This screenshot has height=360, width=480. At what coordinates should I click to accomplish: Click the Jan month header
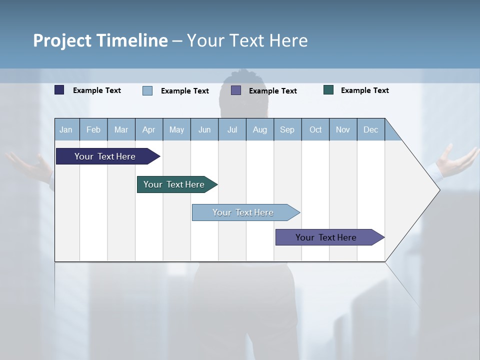click(x=66, y=129)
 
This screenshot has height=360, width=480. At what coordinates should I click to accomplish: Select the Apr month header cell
click(x=149, y=129)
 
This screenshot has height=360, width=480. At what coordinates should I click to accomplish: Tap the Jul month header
click(x=232, y=129)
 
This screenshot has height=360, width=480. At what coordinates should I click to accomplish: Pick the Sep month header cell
click(x=287, y=129)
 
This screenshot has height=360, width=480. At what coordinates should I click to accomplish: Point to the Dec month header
click(x=370, y=129)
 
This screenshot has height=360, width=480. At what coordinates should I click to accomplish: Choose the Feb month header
click(x=93, y=129)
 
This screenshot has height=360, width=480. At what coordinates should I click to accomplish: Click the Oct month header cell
click(x=315, y=129)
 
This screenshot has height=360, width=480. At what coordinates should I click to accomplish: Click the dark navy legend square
click(x=59, y=90)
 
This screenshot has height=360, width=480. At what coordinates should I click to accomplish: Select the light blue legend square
click(x=147, y=90)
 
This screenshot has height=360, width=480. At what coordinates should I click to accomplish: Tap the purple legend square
click(x=236, y=90)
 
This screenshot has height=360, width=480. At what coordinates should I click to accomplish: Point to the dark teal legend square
click(x=328, y=90)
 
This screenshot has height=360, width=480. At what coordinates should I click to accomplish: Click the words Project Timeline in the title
click(x=100, y=40)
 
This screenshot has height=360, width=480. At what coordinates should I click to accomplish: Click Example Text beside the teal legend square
click(x=364, y=90)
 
